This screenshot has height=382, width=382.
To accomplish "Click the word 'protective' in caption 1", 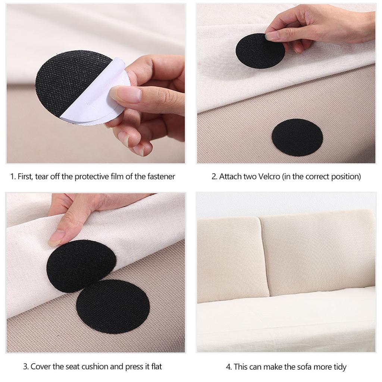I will click(91, 176).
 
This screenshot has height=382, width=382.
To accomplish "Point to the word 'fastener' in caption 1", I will click(161, 176).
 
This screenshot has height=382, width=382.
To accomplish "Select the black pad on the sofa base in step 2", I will click(297, 137).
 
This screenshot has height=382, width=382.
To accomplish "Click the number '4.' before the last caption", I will click(229, 367).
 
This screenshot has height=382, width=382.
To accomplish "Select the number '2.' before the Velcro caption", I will click(214, 176).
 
